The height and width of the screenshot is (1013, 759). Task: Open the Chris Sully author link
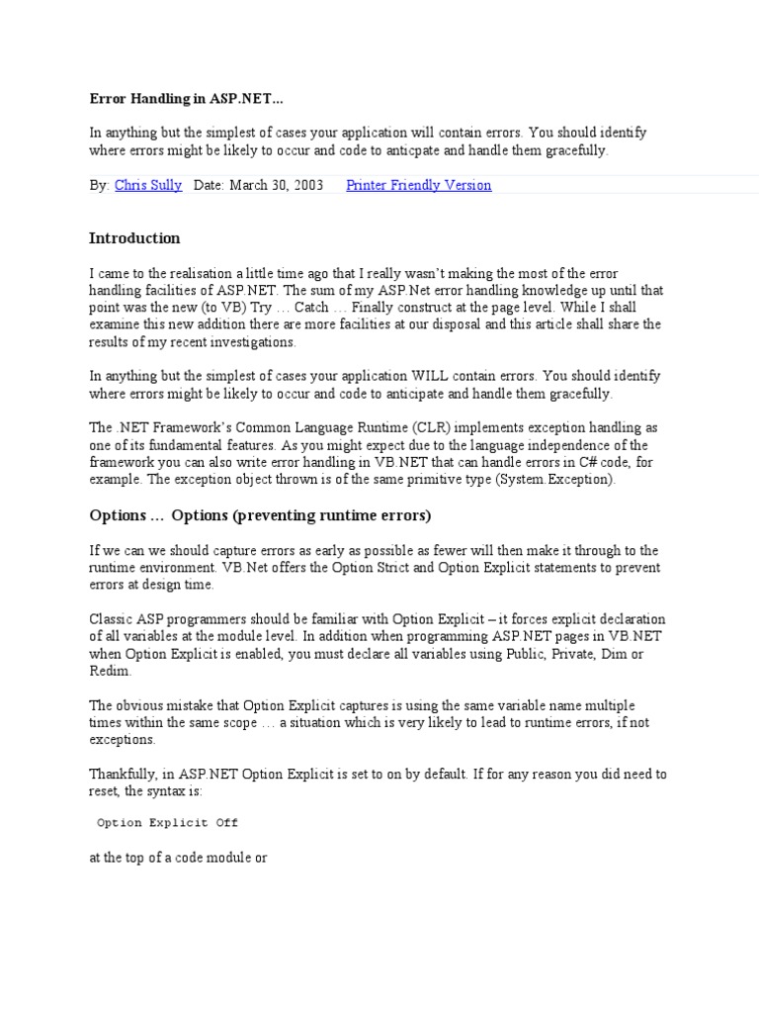[x=148, y=185]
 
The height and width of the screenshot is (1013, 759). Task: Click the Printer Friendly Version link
[x=418, y=185]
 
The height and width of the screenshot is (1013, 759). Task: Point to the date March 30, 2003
[x=276, y=185]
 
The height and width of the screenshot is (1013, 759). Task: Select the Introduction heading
[x=134, y=238]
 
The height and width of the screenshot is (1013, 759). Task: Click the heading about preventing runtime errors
[x=260, y=516]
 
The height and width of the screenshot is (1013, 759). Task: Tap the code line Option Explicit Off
[x=167, y=822]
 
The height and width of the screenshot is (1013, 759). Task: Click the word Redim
[x=110, y=671]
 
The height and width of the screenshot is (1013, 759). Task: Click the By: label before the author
[x=99, y=185]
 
